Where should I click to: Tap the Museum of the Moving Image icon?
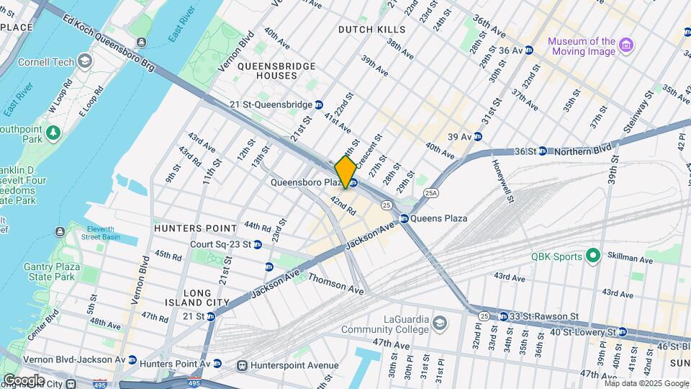626,46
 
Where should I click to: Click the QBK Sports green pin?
593,256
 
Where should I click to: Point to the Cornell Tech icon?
85,62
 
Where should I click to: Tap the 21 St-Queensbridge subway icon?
319,104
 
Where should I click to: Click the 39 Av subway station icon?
477,136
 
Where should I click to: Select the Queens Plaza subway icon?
404,218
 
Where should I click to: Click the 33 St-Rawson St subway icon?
503,316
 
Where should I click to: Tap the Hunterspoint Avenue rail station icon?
243,365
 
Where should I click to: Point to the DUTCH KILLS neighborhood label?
372,30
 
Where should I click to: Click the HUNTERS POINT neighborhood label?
195,227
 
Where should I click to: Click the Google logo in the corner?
23,380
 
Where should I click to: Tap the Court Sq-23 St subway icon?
268,266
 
